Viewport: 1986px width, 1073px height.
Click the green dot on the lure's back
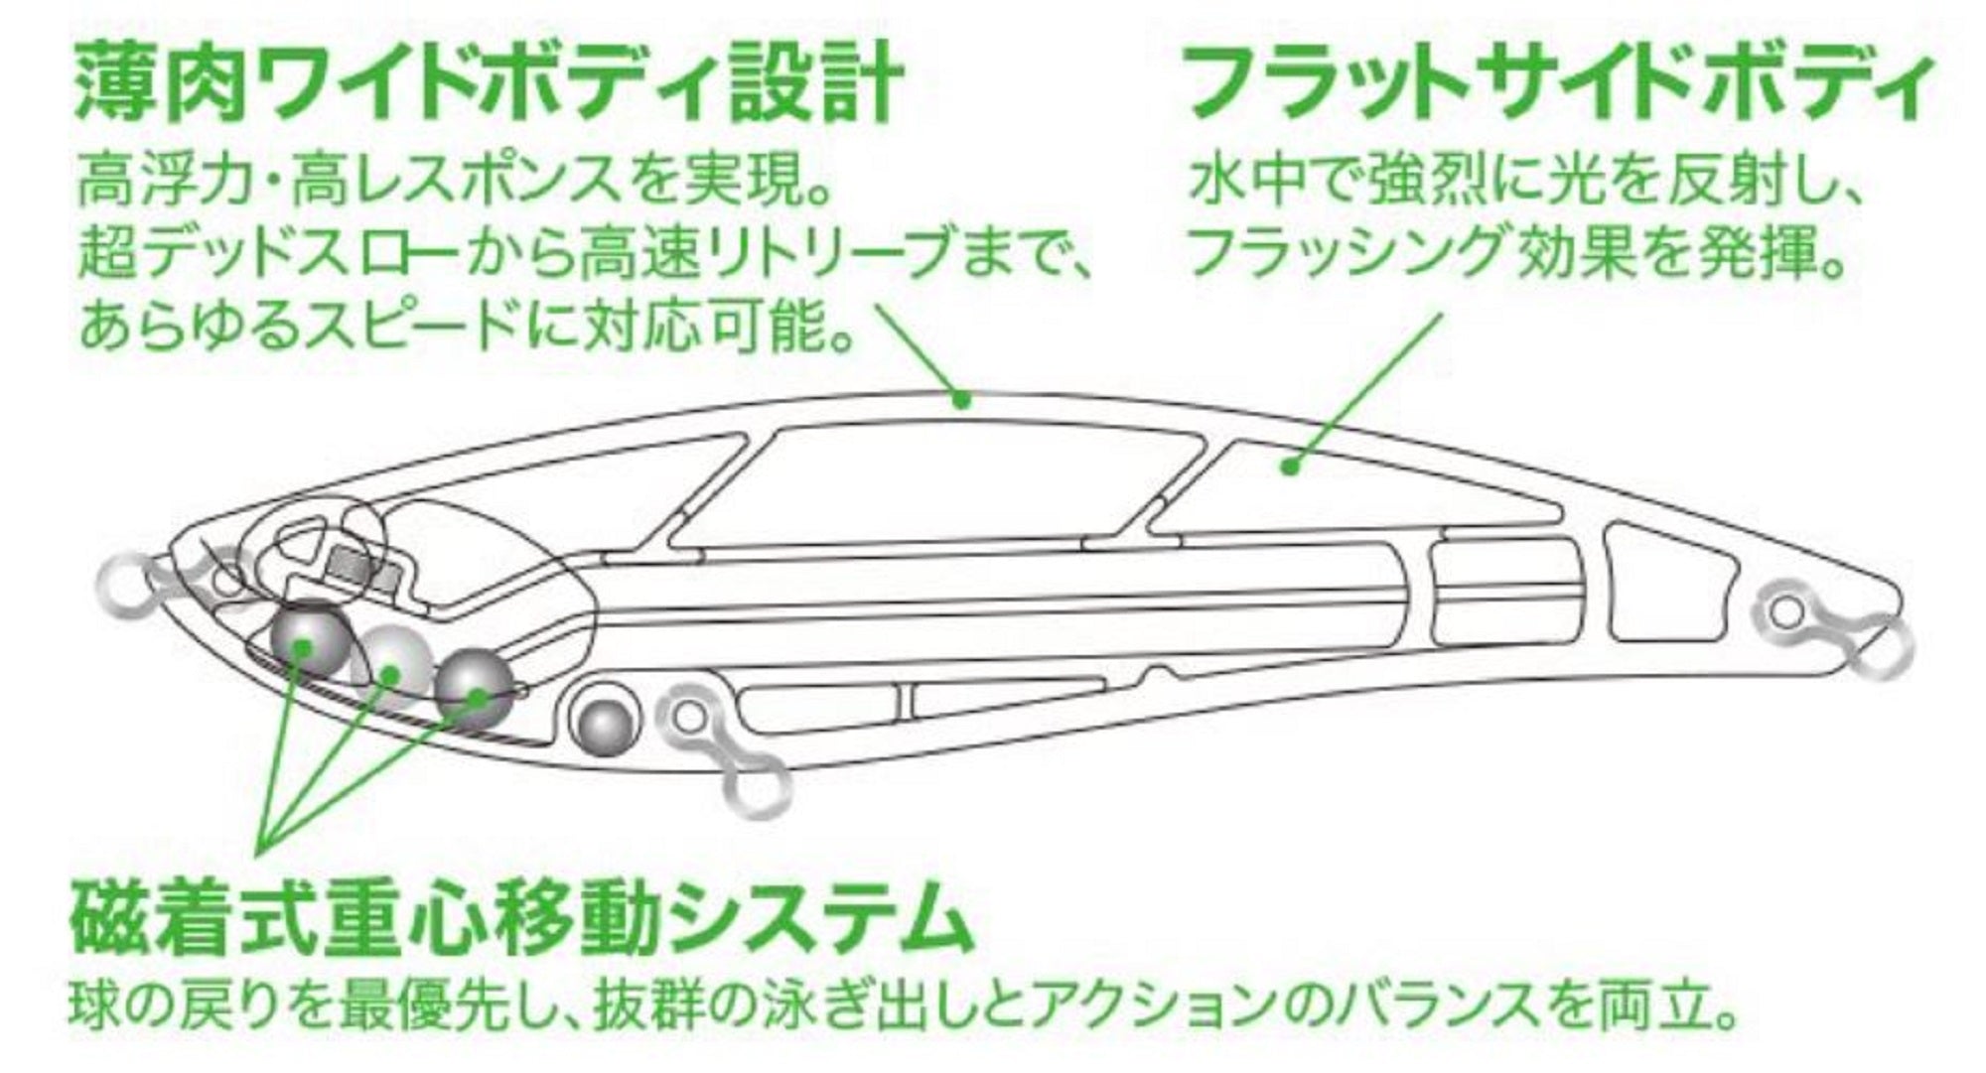point(960,399)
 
